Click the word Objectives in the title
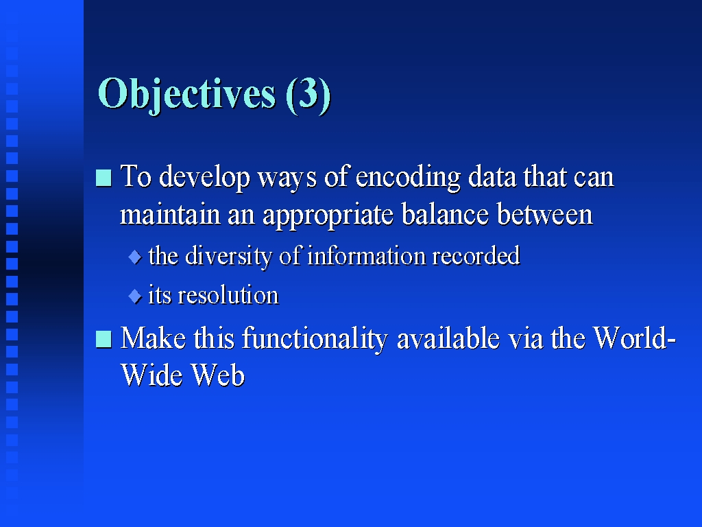click(186, 95)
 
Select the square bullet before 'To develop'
click(104, 178)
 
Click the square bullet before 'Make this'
click(104, 339)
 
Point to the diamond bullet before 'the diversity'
click(135, 257)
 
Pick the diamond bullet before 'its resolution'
click(135, 296)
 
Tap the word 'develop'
click(204, 178)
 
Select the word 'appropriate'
click(328, 215)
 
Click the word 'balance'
click(445, 214)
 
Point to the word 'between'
click(545, 214)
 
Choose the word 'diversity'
click(228, 257)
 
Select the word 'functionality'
click(315, 339)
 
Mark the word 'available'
click(448, 338)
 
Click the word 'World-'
click(634, 338)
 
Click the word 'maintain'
click(170, 214)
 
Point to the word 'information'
click(367, 255)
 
